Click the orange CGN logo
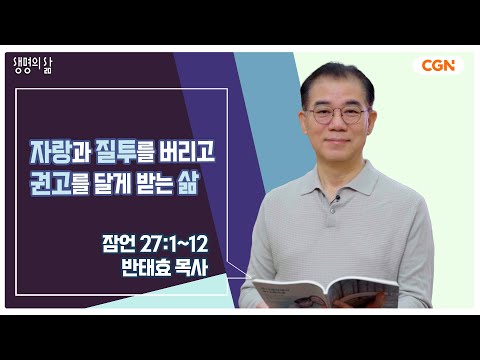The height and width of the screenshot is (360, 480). click(x=438, y=66)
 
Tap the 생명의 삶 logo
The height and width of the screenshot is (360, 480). click(x=33, y=65)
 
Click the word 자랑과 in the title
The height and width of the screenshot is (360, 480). click(x=60, y=152)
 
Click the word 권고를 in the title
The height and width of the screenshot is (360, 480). click(x=59, y=183)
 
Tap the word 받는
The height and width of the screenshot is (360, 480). click(x=153, y=183)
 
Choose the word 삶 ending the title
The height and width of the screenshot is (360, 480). click(x=188, y=183)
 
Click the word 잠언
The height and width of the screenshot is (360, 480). click(x=119, y=244)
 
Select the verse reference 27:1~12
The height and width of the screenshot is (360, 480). click(x=174, y=244)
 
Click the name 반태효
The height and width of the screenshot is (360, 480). click(x=146, y=268)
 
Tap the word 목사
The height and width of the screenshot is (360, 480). click(x=192, y=268)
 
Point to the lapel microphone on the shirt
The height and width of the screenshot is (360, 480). click(x=337, y=199)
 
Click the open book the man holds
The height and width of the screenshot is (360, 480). click(x=325, y=293)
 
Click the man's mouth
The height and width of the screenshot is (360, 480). click(x=337, y=141)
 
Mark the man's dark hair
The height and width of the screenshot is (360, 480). click(x=337, y=77)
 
